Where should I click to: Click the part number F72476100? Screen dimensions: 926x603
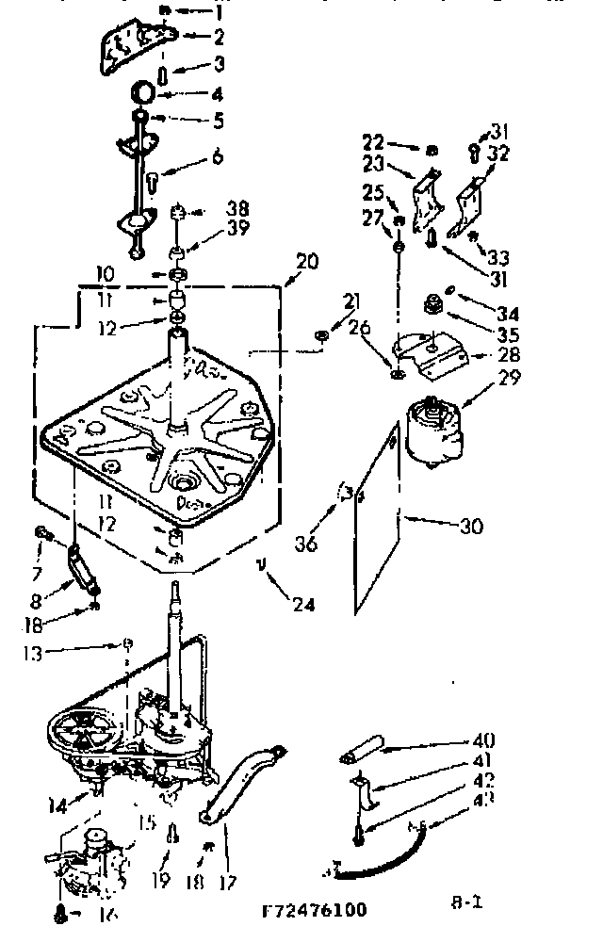314,910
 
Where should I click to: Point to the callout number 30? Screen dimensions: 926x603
471,527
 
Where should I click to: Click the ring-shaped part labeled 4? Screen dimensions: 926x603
145,93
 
